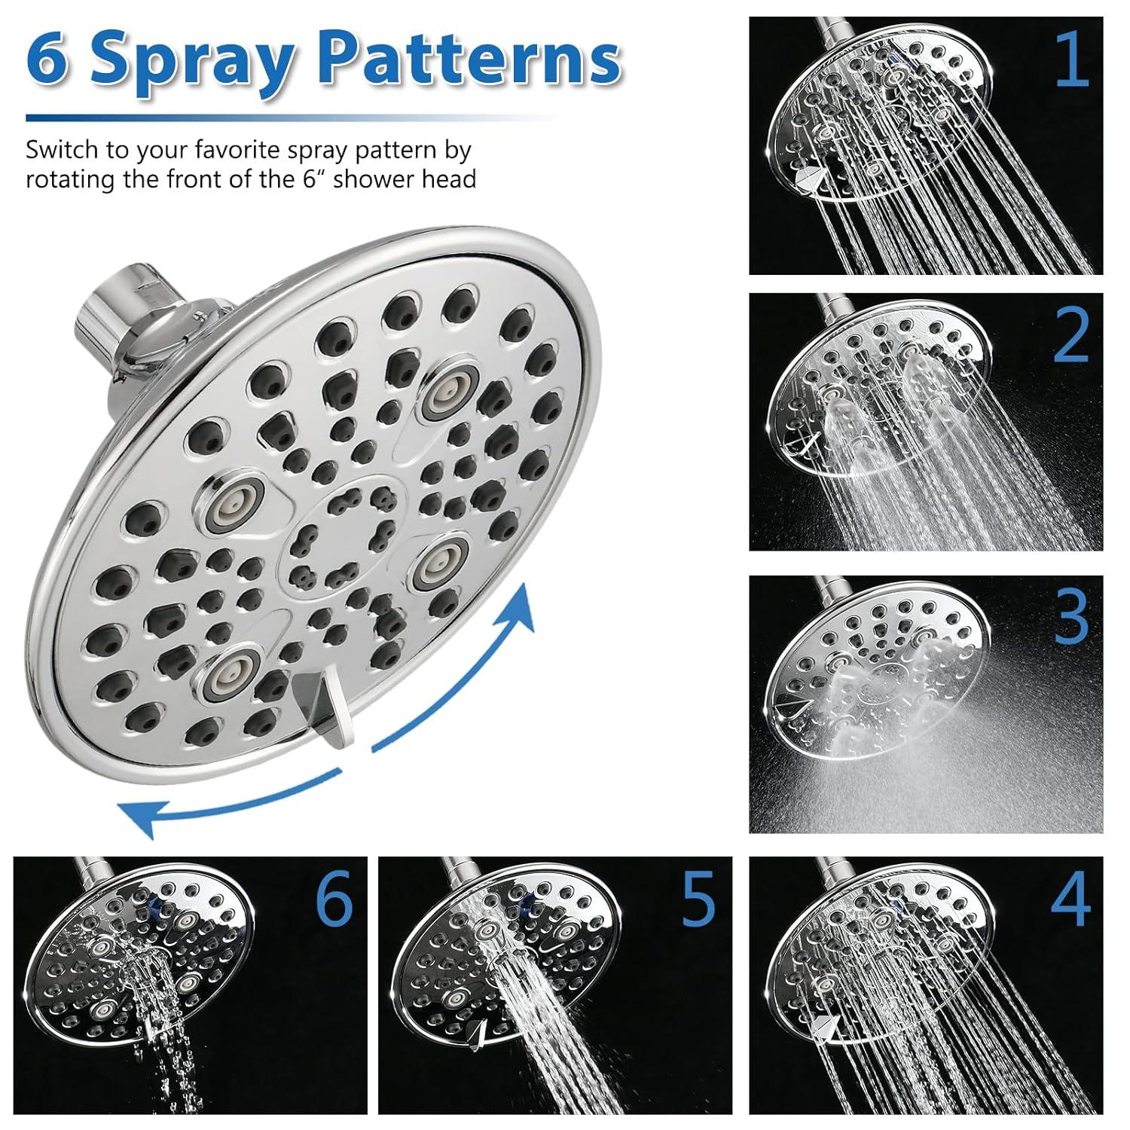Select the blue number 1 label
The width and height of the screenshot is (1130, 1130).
point(1071,60)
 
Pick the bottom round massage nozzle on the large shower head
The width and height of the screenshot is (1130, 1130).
point(230,667)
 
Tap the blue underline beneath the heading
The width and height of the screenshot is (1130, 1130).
point(286,118)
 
